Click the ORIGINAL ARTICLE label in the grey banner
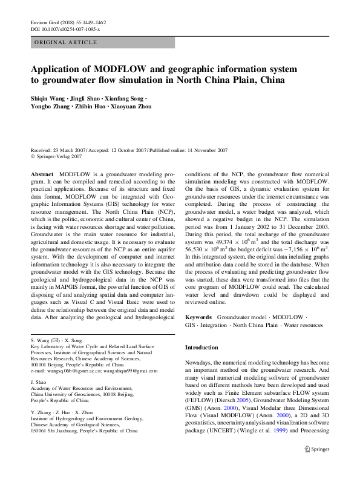tap(65, 42)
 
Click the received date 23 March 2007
tap(70, 150)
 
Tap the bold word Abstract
tap(41, 173)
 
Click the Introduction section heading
tap(201, 348)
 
